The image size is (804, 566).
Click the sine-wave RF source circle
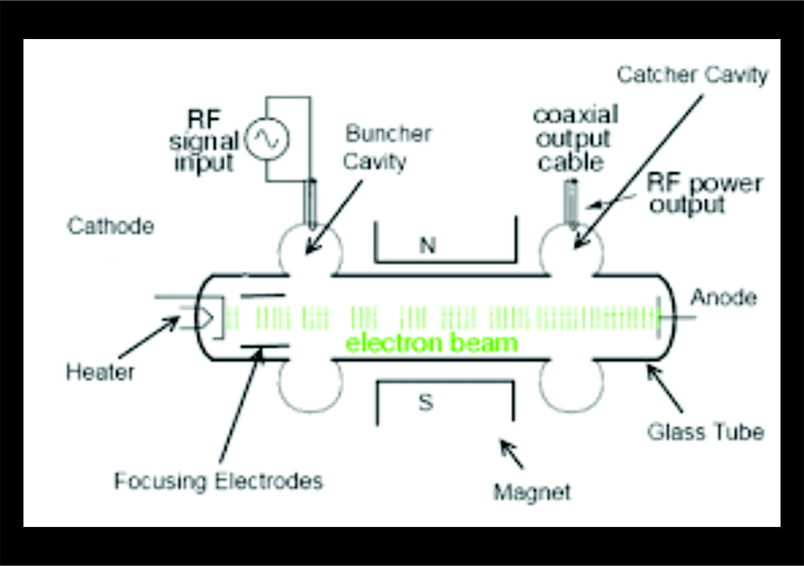(266, 138)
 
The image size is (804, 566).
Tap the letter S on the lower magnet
(425, 404)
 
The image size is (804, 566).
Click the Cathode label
(111, 226)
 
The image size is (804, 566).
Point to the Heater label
(100, 372)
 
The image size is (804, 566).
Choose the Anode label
(723, 298)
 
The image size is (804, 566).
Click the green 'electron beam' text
(431, 343)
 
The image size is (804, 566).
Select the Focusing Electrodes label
(218, 481)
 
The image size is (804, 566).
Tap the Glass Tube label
(706, 431)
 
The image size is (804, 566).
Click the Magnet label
(532, 492)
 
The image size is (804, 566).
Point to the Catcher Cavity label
(692, 75)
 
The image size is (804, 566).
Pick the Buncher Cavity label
(388, 147)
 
